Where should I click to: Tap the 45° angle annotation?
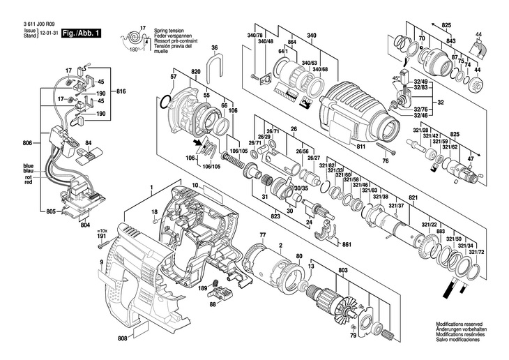[395, 77]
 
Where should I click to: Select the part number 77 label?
[263, 234]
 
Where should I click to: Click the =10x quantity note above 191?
[103, 230]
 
